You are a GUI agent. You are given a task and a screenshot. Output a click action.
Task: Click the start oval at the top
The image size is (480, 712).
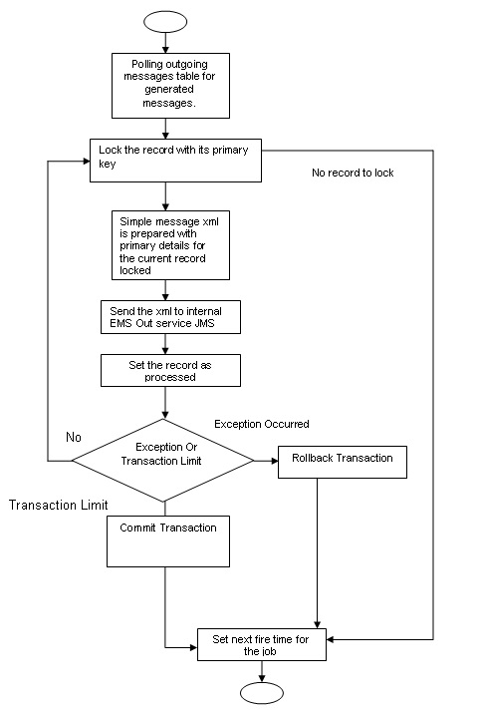(x=165, y=19)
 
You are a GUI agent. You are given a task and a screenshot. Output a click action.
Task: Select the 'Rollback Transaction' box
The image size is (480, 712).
(x=342, y=460)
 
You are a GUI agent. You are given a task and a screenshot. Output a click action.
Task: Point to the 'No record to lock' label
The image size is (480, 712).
(x=353, y=173)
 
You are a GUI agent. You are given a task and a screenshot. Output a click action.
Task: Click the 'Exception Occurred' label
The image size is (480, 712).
(x=262, y=424)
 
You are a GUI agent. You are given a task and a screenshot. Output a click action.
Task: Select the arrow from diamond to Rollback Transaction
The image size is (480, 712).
(x=265, y=460)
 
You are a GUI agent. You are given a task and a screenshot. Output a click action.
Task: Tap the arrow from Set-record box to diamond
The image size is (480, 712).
(x=165, y=402)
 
